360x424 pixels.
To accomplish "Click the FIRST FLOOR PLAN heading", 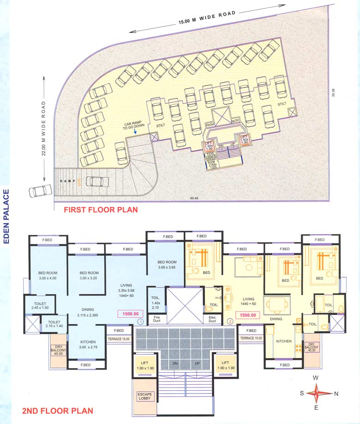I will point(100,210).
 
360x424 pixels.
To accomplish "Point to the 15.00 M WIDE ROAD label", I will point(206,18).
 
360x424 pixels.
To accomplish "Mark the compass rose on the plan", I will point(316,393).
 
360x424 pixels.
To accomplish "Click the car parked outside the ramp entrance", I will point(40,191).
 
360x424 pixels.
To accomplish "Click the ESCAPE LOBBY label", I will point(144,396).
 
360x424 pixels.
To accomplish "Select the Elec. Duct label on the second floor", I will point(212,318).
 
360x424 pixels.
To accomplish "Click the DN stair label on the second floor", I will point(174,364).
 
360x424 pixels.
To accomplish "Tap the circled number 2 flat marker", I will point(230,321).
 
